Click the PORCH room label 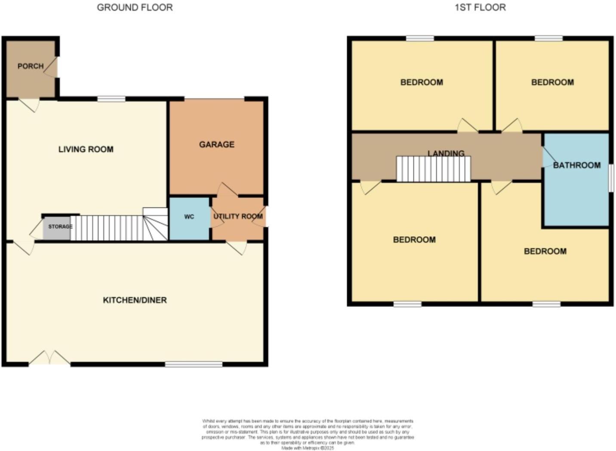31,66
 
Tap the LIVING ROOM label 86,149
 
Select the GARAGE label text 217,145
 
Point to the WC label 189,217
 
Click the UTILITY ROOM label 238,216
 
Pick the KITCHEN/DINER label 135,300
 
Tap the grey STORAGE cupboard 58,227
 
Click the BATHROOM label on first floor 576,165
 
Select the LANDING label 446,153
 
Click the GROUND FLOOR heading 135,7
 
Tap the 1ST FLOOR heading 480,7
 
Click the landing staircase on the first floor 433,169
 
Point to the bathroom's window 611,177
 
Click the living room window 111,99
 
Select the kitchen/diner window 194,365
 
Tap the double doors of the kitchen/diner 49,358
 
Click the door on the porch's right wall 52,68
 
